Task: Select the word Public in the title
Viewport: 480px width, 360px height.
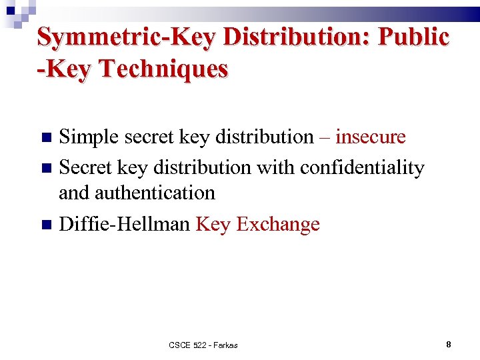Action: (413, 37)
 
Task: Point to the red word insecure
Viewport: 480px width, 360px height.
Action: (371, 137)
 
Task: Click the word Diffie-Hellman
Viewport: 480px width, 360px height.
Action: (125, 224)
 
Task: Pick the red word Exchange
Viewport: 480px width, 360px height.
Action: (278, 224)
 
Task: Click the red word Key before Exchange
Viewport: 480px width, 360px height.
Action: (213, 224)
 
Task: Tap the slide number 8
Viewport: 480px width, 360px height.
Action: (449, 345)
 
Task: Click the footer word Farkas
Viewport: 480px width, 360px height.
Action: (223, 345)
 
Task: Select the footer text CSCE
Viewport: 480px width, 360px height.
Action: (179, 345)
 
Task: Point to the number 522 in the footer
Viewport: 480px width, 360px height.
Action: (199, 345)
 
